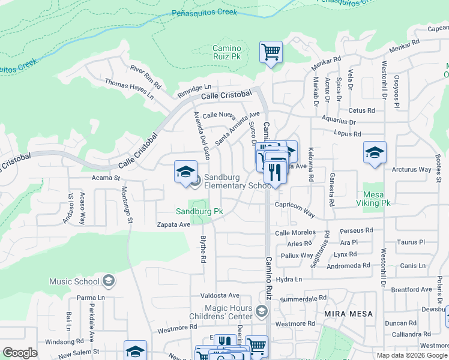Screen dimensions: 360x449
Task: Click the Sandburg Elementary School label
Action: click(x=238, y=181)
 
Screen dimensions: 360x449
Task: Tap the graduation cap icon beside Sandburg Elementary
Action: click(x=185, y=172)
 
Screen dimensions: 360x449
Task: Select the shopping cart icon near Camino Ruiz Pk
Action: click(x=271, y=52)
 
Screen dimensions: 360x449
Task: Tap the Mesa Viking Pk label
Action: click(x=376, y=199)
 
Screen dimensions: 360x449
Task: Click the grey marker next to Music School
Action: click(x=109, y=281)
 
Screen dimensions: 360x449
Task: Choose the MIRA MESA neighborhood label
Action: click(x=348, y=314)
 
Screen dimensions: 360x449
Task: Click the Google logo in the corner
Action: click(x=20, y=353)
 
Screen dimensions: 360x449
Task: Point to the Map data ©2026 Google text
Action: click(x=412, y=355)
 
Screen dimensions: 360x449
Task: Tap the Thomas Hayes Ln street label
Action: click(x=129, y=88)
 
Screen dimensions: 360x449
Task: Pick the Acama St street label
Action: click(x=106, y=178)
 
